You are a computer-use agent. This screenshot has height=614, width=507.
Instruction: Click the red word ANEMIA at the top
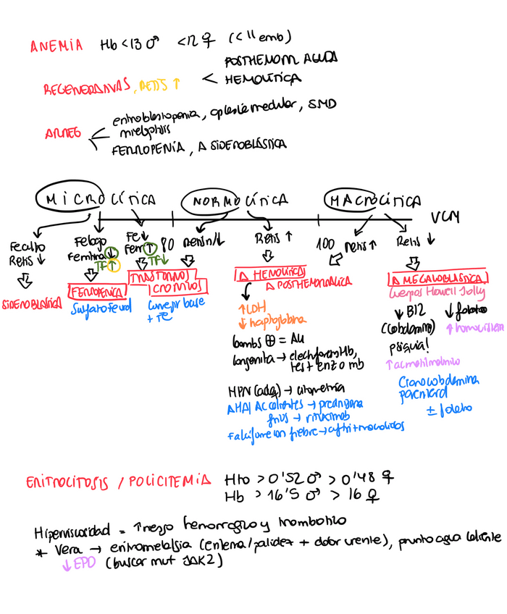56,47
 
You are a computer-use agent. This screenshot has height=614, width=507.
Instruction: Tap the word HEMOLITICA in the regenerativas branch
263,78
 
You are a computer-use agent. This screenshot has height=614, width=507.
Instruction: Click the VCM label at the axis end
444,217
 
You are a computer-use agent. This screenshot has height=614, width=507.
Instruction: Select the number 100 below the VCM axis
326,246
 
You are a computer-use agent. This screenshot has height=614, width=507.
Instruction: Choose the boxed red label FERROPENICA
95,293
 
